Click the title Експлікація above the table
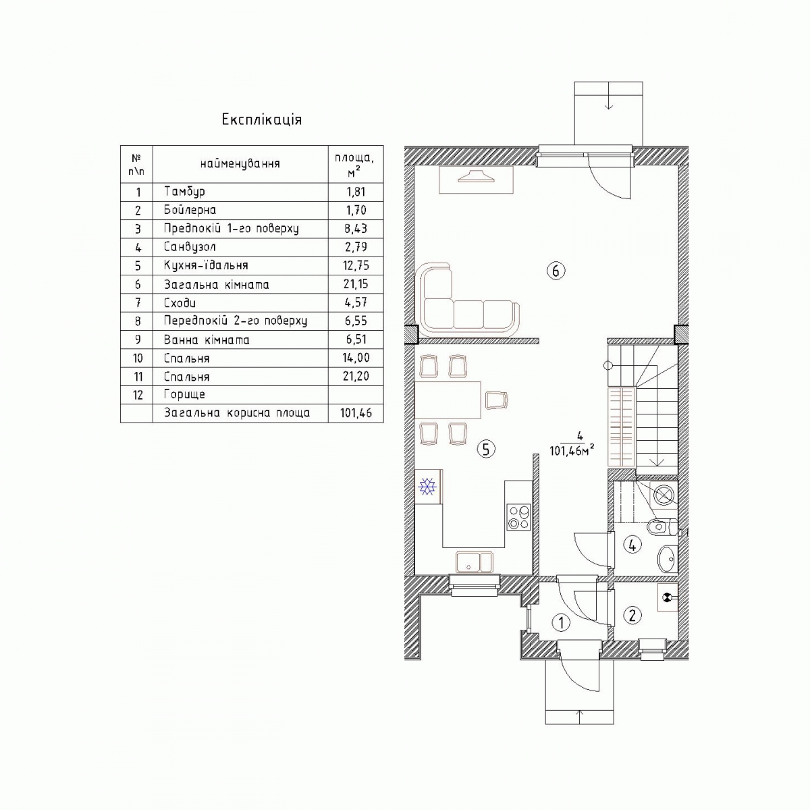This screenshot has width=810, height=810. click(x=261, y=119)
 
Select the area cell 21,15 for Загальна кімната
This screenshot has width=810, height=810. click(x=356, y=284)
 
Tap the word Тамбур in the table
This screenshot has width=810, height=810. click(x=184, y=192)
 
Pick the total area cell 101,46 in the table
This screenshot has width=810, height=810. click(x=356, y=413)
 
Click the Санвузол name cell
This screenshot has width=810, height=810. click(x=240, y=247)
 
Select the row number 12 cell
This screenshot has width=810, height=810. click(x=136, y=395)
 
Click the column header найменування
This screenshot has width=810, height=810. click(x=240, y=163)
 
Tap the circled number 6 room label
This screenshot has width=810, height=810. click(x=556, y=271)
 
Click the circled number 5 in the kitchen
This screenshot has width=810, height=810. click(x=486, y=450)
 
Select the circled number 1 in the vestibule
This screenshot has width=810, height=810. click(x=561, y=622)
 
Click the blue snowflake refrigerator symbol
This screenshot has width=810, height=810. click(x=427, y=487)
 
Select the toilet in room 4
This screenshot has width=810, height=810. click(x=662, y=526)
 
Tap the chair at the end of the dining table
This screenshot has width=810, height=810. click(x=496, y=400)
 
